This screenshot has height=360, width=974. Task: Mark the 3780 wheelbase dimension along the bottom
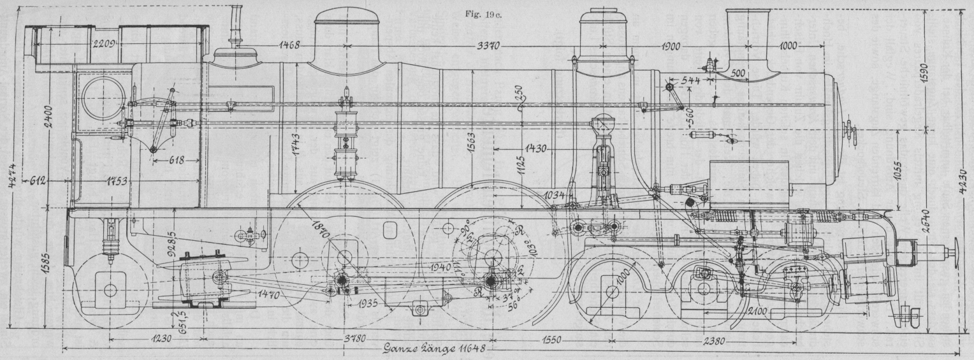(x=345, y=339)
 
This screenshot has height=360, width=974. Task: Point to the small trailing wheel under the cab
(x=110, y=291)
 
